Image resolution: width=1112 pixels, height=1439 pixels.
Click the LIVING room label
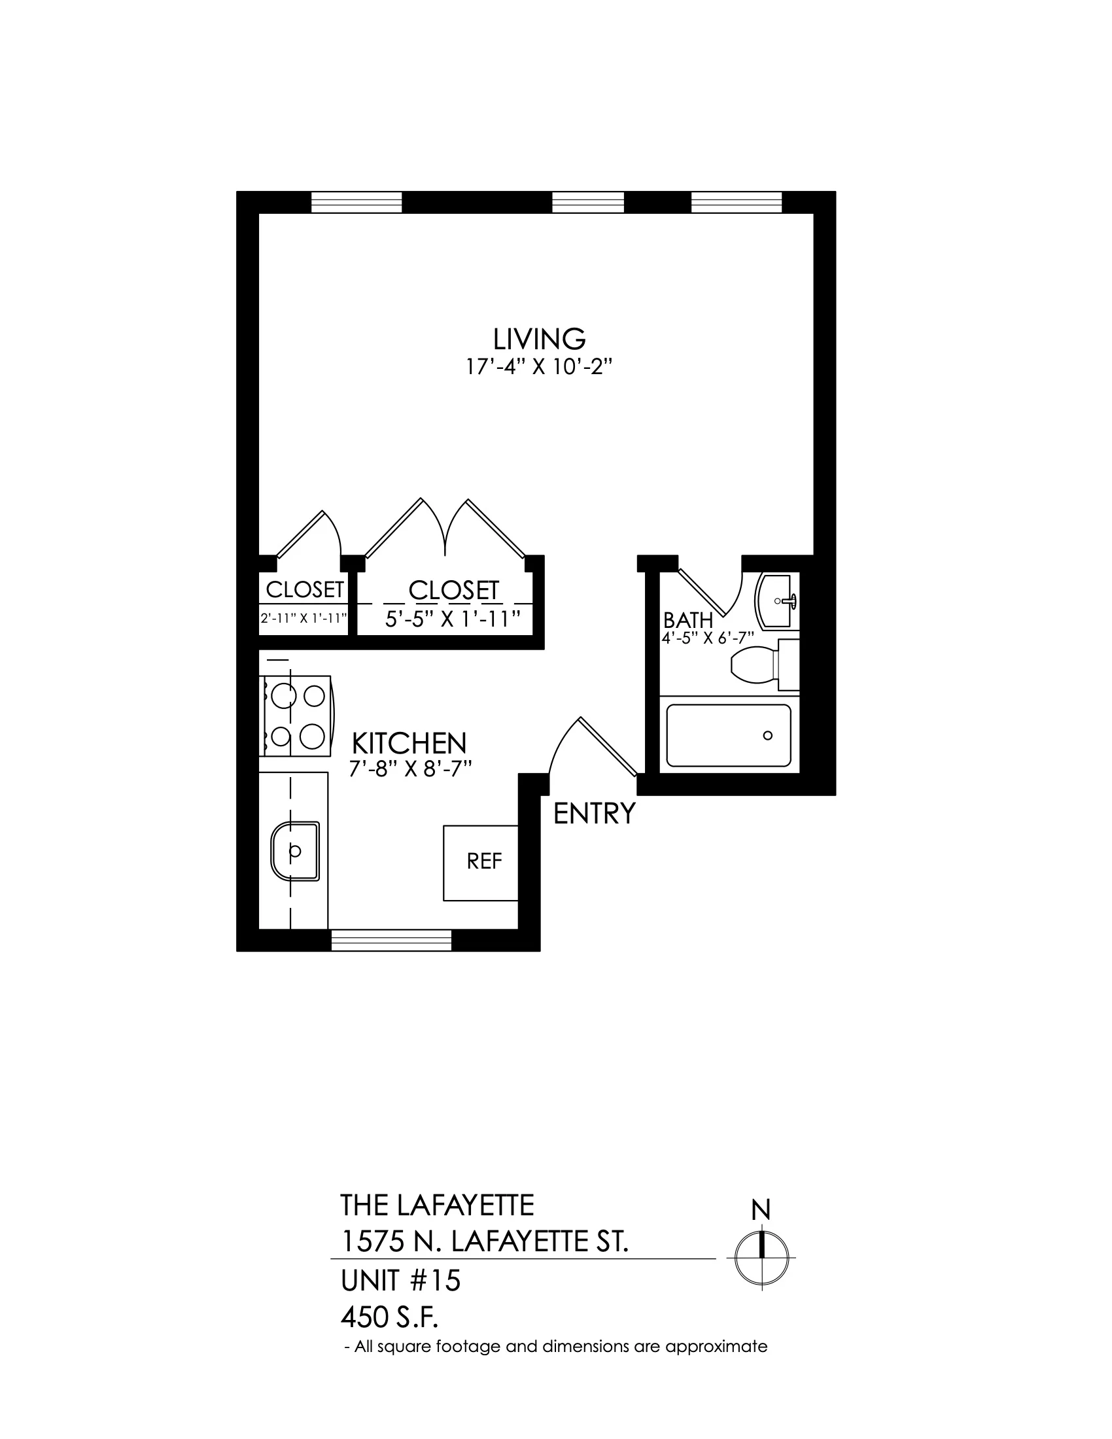(x=540, y=339)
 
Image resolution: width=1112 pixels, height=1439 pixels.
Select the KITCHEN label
(x=409, y=743)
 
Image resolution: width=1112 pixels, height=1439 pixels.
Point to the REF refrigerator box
(x=481, y=863)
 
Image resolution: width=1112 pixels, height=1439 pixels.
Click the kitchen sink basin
(x=295, y=850)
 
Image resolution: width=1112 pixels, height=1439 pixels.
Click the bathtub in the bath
(x=729, y=735)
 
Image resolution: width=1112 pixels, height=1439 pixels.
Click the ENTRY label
(x=594, y=814)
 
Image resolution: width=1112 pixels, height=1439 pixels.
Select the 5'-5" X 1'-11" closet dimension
(x=453, y=619)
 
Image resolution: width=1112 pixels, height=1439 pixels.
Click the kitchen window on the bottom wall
(x=391, y=940)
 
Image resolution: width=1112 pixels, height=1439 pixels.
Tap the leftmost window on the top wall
(x=356, y=202)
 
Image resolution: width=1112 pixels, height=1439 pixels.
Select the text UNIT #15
(x=400, y=1281)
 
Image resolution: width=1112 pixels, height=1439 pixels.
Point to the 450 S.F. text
(x=389, y=1318)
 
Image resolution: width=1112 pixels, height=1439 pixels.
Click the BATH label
(x=688, y=620)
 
